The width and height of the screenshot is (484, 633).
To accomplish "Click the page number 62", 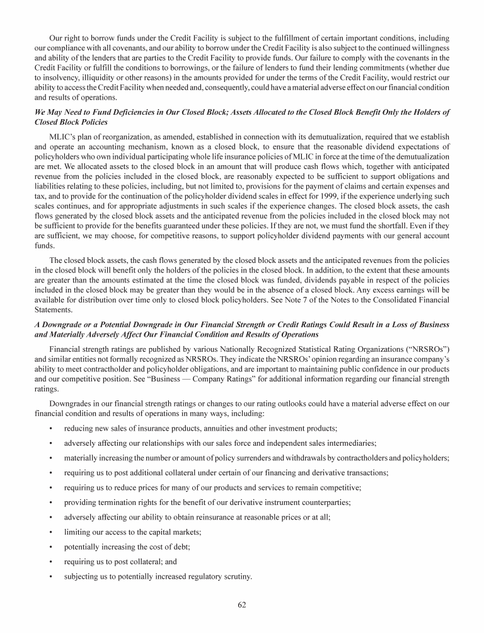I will coord(242,605).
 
